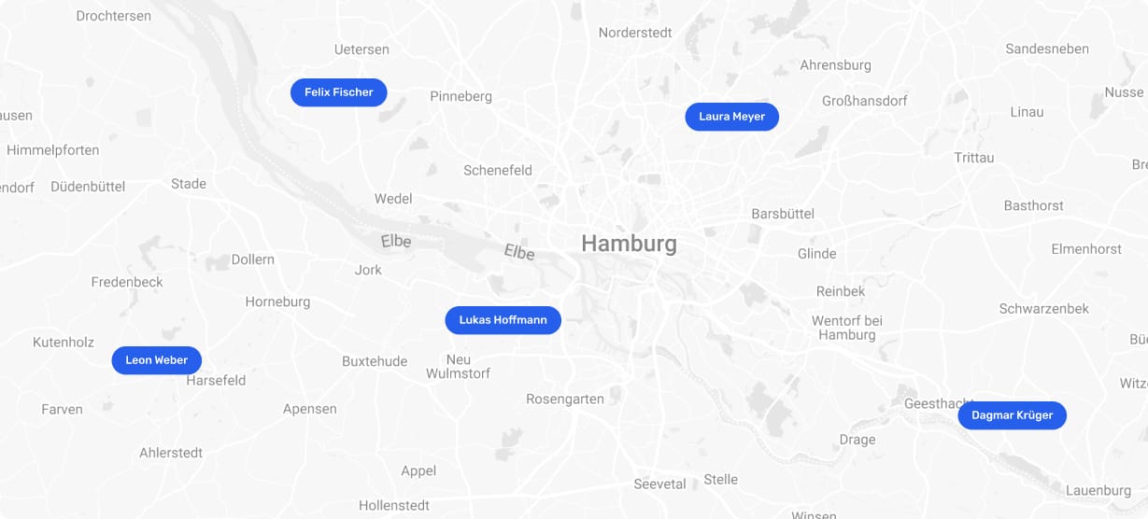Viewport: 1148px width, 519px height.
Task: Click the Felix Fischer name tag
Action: pyautogui.click(x=338, y=92)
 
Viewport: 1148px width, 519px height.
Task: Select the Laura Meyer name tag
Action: pyautogui.click(x=731, y=117)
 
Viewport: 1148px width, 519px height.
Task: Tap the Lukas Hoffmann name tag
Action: pyautogui.click(x=503, y=320)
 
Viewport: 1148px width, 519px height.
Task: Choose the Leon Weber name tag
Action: pyautogui.click(x=156, y=360)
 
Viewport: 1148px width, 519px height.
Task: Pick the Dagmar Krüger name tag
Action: pyautogui.click(x=1012, y=415)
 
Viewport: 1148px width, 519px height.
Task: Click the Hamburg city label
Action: pyautogui.click(x=629, y=244)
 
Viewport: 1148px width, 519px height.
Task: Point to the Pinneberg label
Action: pyautogui.click(x=461, y=96)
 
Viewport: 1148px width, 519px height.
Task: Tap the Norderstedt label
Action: pyautogui.click(x=634, y=33)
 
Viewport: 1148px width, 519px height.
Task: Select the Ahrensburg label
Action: pyautogui.click(x=835, y=65)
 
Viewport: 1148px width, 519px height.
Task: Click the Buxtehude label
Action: pyautogui.click(x=375, y=361)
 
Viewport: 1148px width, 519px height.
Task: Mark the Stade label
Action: pyautogui.click(x=189, y=184)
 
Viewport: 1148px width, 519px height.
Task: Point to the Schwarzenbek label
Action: pyautogui.click(x=1043, y=309)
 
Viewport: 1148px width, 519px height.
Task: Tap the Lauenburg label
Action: pyautogui.click(x=1098, y=491)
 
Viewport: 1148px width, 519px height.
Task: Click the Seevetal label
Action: pyautogui.click(x=659, y=484)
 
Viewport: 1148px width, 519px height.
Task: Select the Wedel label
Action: pyautogui.click(x=393, y=199)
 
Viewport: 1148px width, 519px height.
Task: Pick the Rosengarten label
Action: pyautogui.click(x=565, y=399)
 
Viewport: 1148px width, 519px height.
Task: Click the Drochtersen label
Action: pyautogui.click(x=113, y=16)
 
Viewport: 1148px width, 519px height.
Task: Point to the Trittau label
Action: pyautogui.click(x=974, y=158)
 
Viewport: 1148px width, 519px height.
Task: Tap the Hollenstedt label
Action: pyautogui.click(x=394, y=505)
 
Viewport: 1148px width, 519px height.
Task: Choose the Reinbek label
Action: pyautogui.click(x=841, y=291)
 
